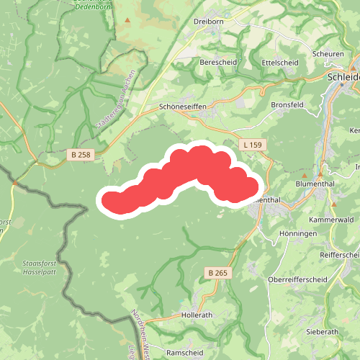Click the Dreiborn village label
pyautogui.click(x=209, y=22)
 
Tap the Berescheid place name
pyautogui.click(x=217, y=63)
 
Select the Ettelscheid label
pyautogui.click(x=280, y=63)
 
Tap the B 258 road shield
pyautogui.click(x=82, y=154)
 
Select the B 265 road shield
pyautogui.click(x=217, y=273)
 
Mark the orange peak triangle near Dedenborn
pyautogui.click(x=128, y=20)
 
